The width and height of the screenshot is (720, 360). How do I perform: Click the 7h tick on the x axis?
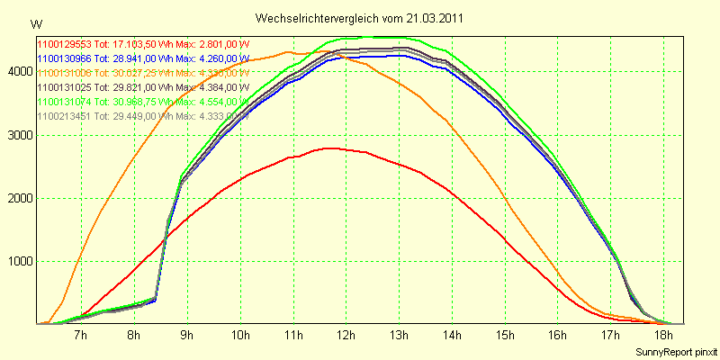(81, 336)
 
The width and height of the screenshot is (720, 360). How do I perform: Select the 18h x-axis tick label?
(664, 336)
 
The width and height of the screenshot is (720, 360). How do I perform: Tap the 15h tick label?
(505, 336)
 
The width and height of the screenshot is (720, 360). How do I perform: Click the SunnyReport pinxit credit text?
(675, 352)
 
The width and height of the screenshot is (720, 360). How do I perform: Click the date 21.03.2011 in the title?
(436, 18)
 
